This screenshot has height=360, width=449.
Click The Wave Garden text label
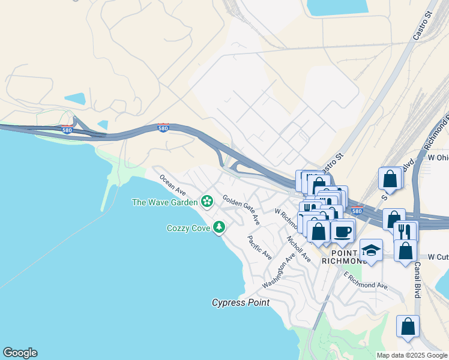tap(165, 202)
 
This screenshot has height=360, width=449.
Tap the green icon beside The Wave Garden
tap(207, 201)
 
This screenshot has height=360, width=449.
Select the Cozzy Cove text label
tap(188, 228)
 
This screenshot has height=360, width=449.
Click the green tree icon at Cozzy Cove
tap(220, 227)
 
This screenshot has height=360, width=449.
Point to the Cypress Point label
tap(241, 303)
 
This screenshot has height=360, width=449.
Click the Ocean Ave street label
tap(172, 184)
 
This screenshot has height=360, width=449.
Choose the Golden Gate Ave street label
tap(241, 209)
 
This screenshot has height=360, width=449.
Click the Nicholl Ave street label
tap(299, 248)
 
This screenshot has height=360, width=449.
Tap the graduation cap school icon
tap(371, 250)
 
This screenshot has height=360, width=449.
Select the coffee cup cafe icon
tap(343, 230)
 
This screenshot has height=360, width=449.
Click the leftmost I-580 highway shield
tap(67, 129)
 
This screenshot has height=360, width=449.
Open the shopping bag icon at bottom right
tap(408, 327)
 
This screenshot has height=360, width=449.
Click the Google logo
tap(20, 353)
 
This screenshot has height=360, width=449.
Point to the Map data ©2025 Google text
tap(412, 355)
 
